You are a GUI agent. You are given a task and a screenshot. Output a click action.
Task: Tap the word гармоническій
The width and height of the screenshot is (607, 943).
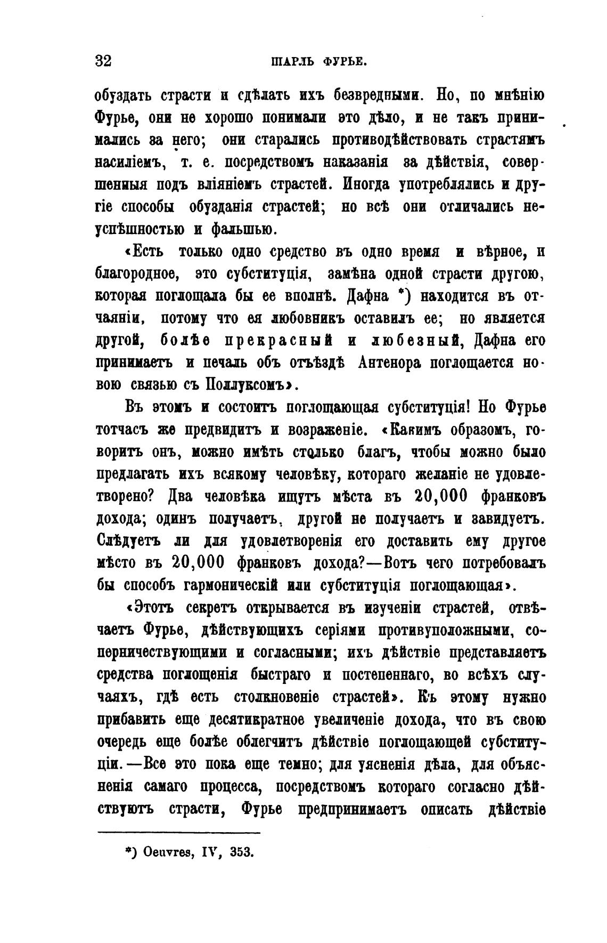pyautogui.click(x=231, y=585)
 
